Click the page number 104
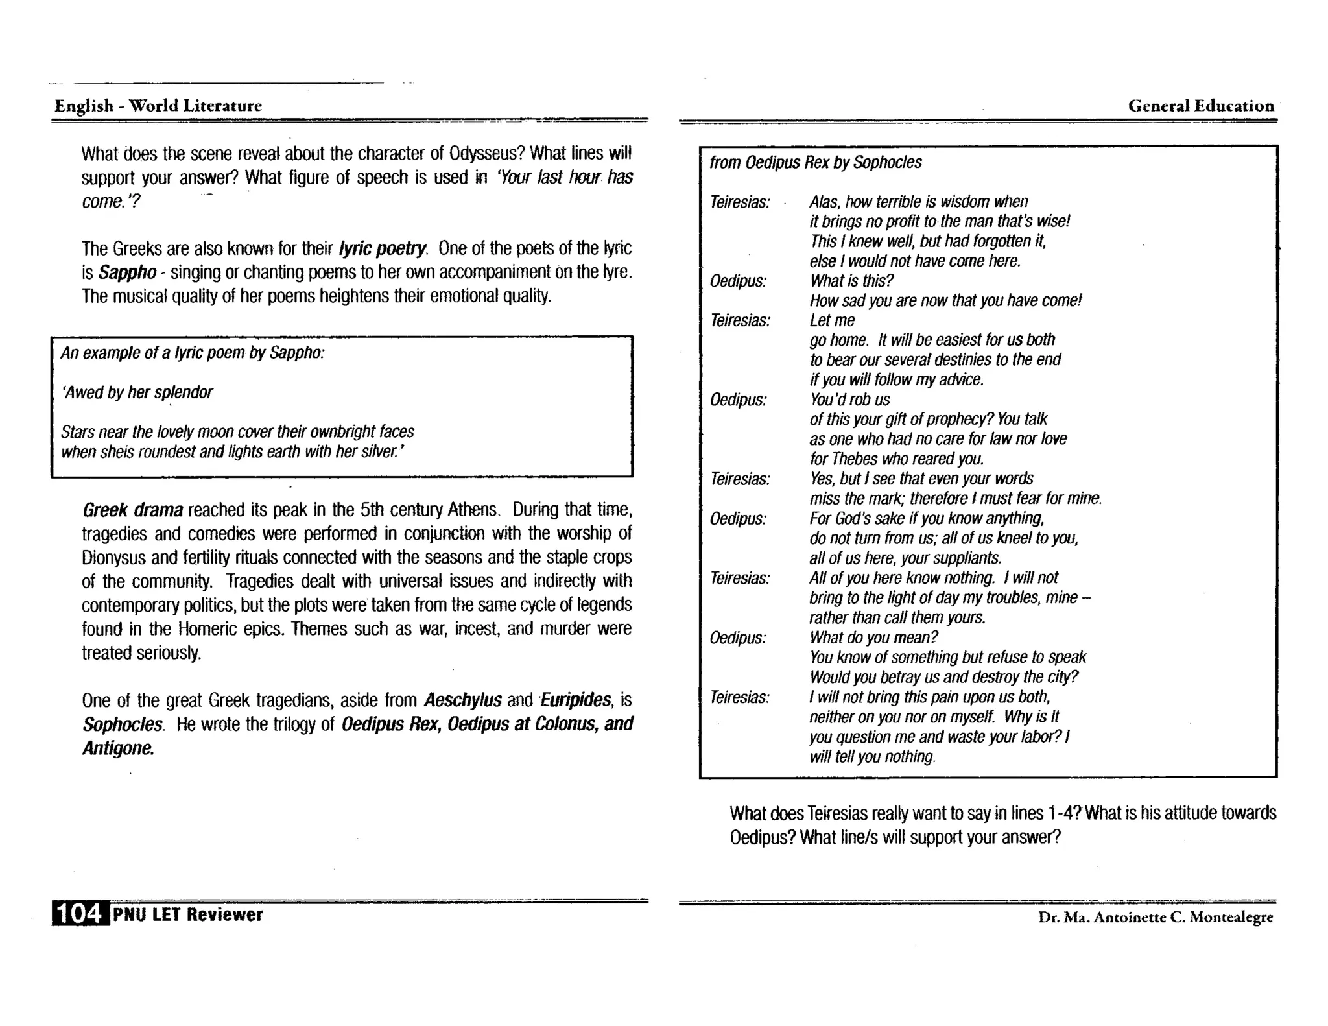click(79, 914)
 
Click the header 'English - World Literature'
click(158, 106)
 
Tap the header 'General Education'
click(1201, 106)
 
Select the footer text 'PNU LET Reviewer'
click(187, 914)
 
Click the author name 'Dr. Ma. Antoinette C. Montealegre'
click(1156, 917)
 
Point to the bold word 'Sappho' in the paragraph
click(127, 272)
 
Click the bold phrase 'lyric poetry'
click(383, 248)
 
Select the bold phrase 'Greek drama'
click(133, 510)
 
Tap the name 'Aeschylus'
click(462, 700)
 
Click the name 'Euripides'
click(575, 700)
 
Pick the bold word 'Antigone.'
click(119, 748)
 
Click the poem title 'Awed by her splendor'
click(137, 393)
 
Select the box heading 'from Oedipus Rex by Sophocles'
click(815, 162)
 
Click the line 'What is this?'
click(851, 281)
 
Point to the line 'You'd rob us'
click(849, 400)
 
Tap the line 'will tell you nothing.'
click(872, 757)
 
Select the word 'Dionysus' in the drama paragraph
click(112, 558)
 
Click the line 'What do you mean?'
click(873, 638)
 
